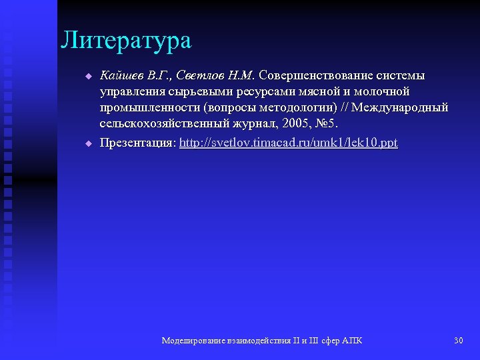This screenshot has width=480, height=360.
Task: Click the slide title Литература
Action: pyautogui.click(x=126, y=41)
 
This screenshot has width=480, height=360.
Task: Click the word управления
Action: pyautogui.click(x=130, y=91)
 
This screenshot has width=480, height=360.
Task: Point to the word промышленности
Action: pyautogui.click(x=151, y=107)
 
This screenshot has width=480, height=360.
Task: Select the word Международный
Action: pyautogui.click(x=400, y=107)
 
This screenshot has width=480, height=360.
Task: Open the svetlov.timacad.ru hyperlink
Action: pyautogui.click(x=289, y=143)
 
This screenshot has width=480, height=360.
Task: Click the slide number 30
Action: pyautogui.click(x=458, y=341)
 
